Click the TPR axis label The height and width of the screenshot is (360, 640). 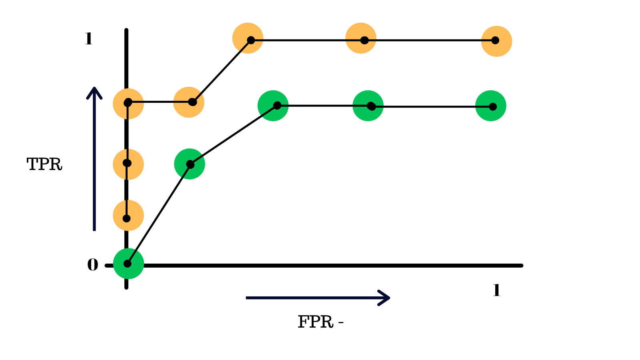(44, 164)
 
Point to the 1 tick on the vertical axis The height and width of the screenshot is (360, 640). (88, 39)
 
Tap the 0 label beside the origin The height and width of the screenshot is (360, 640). (92, 265)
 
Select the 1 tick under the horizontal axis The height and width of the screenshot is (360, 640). (496, 290)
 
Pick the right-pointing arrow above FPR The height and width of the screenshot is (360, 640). (318, 298)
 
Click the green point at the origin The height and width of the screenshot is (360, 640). (128, 264)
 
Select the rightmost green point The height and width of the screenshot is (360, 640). (491, 106)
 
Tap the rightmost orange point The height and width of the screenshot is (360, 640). (496, 41)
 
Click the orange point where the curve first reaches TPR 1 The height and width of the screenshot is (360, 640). (248, 38)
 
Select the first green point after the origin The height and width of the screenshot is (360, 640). (190, 164)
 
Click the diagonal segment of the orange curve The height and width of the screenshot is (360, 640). (222, 71)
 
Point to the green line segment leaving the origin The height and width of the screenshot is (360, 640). (159, 214)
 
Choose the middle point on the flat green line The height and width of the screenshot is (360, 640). (368, 106)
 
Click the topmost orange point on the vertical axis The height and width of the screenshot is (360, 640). (128, 104)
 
